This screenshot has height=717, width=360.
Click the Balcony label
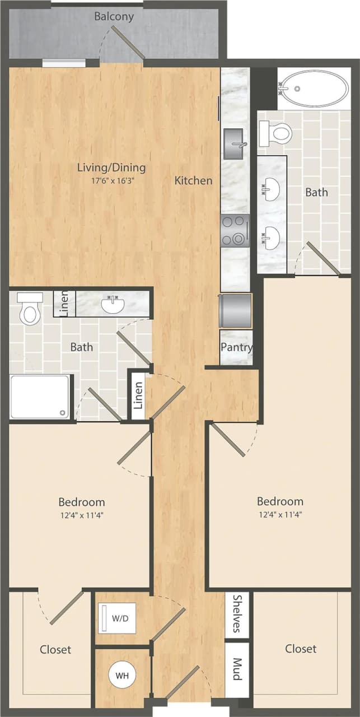click(114, 16)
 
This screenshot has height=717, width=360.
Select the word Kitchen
click(193, 180)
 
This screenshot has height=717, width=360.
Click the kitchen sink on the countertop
click(235, 143)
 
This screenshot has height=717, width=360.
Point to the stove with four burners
click(235, 231)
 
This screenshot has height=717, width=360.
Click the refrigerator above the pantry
click(236, 311)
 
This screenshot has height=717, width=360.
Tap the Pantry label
click(236, 347)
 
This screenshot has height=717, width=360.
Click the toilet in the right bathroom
click(275, 133)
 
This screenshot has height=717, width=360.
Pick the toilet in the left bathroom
click(29, 308)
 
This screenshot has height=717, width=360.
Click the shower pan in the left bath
click(40, 397)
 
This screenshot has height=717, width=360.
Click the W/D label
click(120, 619)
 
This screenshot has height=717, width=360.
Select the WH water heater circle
click(122, 676)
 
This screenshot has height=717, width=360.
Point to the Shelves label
click(236, 614)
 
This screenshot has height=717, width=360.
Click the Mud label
click(236, 669)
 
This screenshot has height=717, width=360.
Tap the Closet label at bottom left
click(55, 650)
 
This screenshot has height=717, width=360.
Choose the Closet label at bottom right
click(301, 649)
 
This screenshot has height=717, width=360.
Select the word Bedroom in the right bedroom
click(280, 501)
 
